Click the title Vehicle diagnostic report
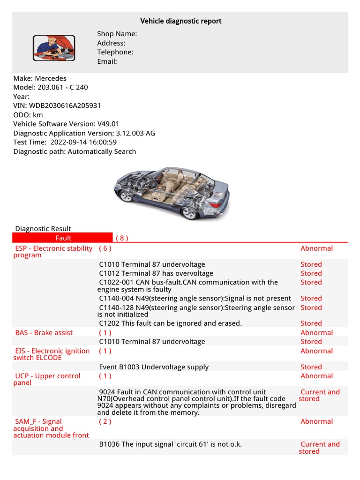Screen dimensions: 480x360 [x=181, y=21]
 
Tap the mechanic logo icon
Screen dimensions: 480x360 [x=54, y=47]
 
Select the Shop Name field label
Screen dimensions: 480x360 [x=117, y=34]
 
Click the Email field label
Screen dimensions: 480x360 [x=107, y=61]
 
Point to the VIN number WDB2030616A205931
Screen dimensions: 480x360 [x=65, y=106]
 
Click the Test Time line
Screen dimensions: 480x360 [x=65, y=142]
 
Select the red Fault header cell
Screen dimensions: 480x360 [x=63, y=238]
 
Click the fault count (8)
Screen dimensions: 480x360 [x=122, y=238]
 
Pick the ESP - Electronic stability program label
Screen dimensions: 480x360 [x=53, y=252]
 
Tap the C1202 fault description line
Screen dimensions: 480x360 [x=170, y=323]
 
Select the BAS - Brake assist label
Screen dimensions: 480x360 [x=44, y=333]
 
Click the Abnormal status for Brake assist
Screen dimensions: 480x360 [x=316, y=333]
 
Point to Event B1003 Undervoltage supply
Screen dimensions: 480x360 [x=154, y=367]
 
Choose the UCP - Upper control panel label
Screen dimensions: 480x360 [x=47, y=379]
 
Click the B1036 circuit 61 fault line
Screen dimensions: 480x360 [x=170, y=444]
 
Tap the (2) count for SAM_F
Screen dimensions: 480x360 [x=105, y=421]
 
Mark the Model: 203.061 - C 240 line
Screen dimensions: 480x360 [x=51, y=88]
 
